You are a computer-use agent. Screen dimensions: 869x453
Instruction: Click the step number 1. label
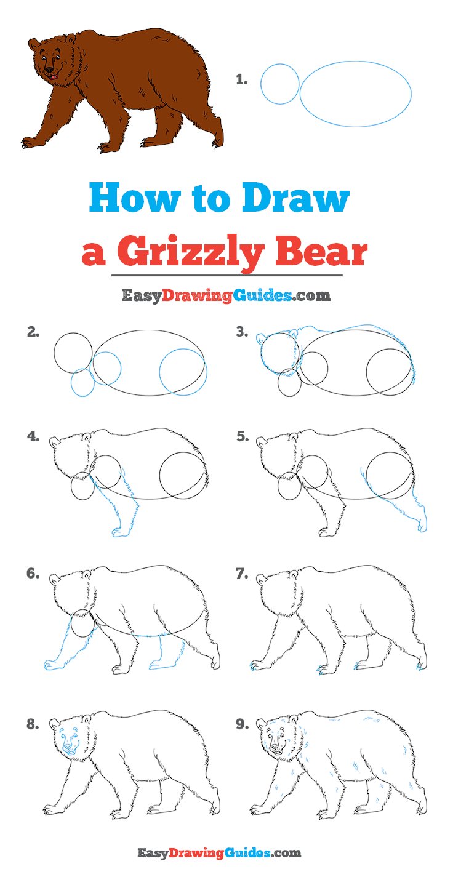[242, 79]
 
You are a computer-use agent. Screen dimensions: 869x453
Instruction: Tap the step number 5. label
[243, 438]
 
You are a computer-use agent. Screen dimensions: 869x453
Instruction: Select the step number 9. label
[243, 724]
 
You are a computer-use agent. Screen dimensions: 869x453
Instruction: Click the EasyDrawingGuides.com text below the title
[226, 296]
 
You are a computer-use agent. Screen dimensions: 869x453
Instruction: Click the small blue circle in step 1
[279, 83]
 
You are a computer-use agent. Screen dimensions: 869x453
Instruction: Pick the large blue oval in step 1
[355, 94]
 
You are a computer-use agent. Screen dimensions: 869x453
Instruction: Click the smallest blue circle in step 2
[82, 382]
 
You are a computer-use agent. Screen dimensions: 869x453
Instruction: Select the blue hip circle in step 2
[183, 372]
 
